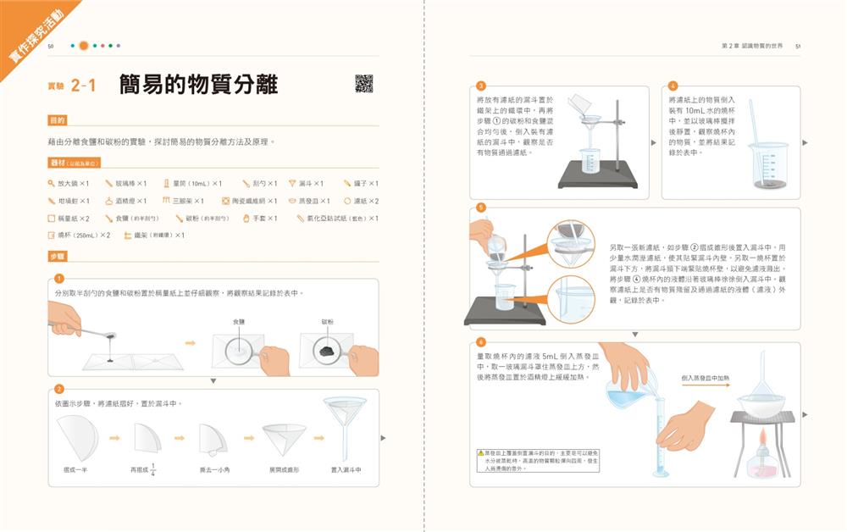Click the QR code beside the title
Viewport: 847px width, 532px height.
coord(363,84)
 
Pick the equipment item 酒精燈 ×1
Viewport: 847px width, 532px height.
coord(125,201)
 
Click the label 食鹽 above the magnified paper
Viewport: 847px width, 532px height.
coord(239,322)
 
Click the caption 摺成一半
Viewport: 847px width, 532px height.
coord(75,469)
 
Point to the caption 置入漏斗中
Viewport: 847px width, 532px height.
coord(346,469)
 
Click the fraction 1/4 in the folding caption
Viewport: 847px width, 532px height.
coord(153,468)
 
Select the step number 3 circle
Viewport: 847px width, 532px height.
coord(481,86)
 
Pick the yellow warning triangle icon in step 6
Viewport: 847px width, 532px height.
coord(480,454)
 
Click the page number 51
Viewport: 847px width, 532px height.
coord(798,47)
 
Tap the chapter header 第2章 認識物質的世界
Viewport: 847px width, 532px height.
coord(751,47)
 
